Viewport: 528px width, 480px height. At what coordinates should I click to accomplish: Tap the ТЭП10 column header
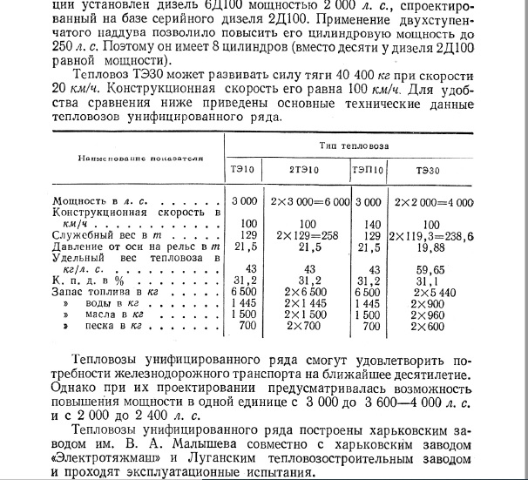368,168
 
